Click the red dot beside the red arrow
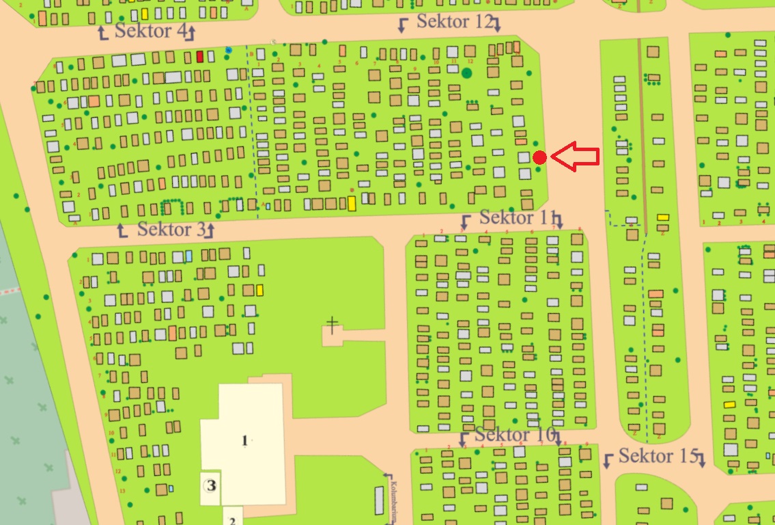pos(539,157)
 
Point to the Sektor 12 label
pos(454,21)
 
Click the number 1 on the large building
pos(244,440)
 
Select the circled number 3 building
pos(212,486)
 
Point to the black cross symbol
pos(333,325)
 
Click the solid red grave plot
pos(200,57)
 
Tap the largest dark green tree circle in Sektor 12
pos(467,72)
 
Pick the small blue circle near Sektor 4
pos(228,50)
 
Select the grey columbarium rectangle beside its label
pos(380,500)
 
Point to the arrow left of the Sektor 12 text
pos(403,25)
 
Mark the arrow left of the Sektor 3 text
pos(123,230)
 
